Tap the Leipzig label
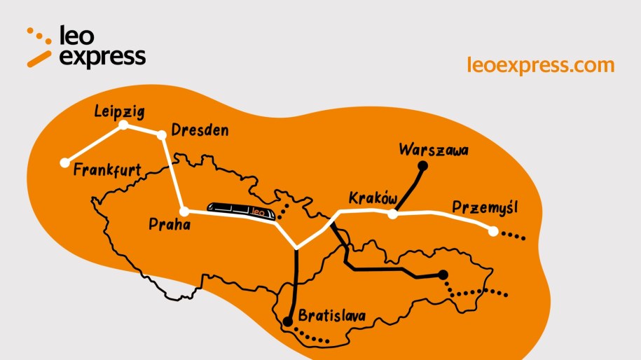pos(119,111)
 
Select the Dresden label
pos(200,131)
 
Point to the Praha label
pos(170,224)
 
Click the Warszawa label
pos(433,149)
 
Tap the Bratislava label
pos(332,316)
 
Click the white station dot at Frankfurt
pos(65,162)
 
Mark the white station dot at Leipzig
pos(124,125)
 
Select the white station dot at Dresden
pos(163,134)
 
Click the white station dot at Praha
pos(184,211)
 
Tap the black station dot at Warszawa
pos(422,166)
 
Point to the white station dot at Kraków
pos(393,214)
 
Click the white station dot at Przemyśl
pos(493,230)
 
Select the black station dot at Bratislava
pos(288,322)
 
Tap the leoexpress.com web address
pos(540,65)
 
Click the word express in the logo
pos(102,57)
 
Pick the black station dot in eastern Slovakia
pos(443,275)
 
